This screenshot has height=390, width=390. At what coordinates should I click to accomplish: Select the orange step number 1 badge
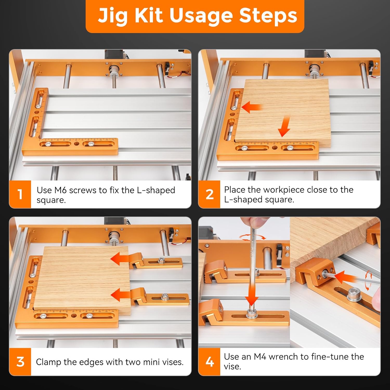click(x=20, y=194)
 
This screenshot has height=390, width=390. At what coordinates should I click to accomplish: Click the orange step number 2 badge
click(x=209, y=194)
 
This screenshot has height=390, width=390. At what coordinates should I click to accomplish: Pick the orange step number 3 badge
click(x=20, y=362)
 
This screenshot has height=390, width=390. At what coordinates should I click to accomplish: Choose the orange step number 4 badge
click(x=209, y=362)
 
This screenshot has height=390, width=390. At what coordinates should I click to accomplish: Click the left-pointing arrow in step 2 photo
click(x=251, y=107)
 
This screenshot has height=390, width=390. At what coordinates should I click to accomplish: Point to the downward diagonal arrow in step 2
click(x=284, y=127)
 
